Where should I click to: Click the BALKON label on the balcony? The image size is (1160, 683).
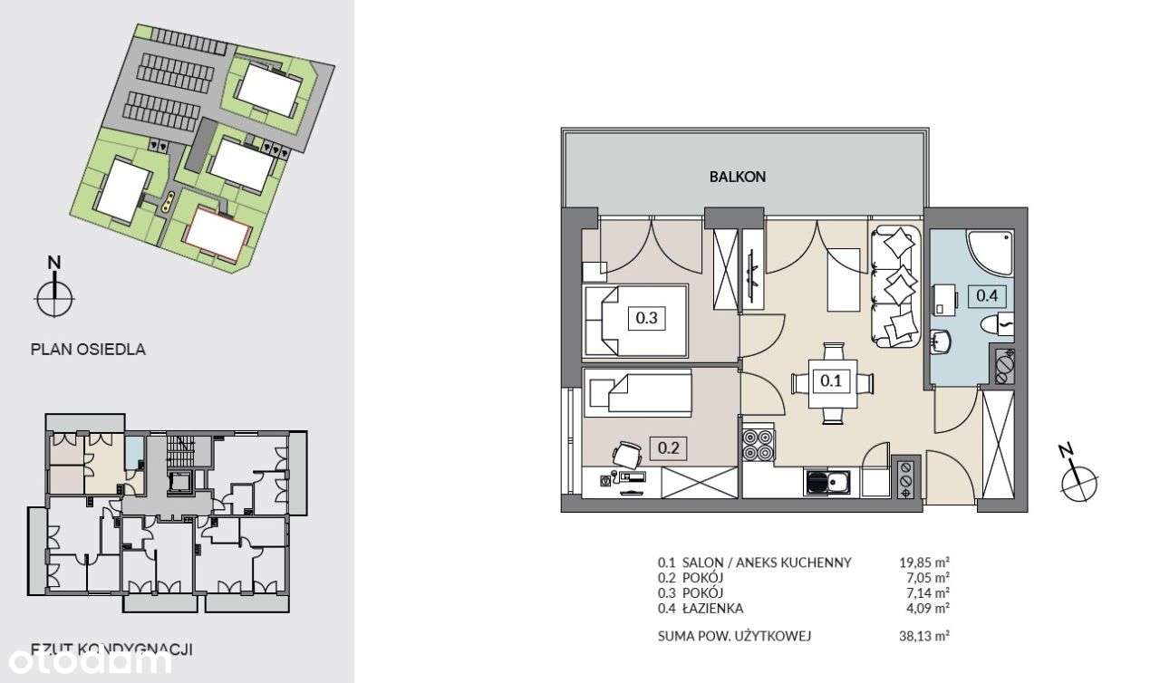(x=738, y=178)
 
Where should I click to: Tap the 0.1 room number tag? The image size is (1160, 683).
(x=831, y=381)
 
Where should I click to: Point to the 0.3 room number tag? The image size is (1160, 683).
(x=645, y=318)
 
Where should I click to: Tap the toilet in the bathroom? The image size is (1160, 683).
(x=998, y=323)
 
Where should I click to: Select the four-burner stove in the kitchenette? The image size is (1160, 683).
(x=759, y=444)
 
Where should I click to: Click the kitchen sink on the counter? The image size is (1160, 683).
(x=826, y=482)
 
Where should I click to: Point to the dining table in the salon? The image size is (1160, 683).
(x=832, y=382)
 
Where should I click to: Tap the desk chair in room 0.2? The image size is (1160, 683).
(x=624, y=453)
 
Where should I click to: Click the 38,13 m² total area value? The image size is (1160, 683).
(x=918, y=636)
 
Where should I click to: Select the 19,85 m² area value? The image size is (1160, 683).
(x=918, y=562)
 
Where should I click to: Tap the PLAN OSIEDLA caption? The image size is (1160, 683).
(x=88, y=349)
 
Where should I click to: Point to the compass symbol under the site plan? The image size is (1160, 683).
(x=55, y=294)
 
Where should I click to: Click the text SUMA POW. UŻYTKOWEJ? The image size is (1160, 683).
(x=734, y=636)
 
